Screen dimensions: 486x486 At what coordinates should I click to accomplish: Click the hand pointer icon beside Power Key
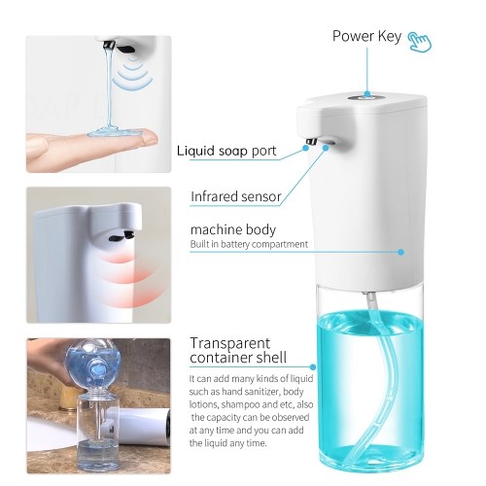click(420, 42)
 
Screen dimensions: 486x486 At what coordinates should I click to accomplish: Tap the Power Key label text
click(366, 36)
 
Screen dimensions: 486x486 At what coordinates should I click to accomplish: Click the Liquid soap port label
click(226, 151)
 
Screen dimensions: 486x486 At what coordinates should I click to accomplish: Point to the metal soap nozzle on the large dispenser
click(312, 141)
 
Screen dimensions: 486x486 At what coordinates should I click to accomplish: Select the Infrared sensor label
click(235, 196)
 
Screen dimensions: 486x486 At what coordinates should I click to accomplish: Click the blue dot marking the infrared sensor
click(326, 148)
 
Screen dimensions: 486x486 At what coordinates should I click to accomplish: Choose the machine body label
click(233, 229)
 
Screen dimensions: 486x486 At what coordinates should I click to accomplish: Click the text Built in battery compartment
click(249, 244)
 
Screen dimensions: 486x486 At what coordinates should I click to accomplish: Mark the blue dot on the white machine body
click(401, 252)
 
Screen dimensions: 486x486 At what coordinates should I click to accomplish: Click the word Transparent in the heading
click(229, 343)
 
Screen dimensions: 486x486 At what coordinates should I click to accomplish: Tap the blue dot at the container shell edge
click(313, 367)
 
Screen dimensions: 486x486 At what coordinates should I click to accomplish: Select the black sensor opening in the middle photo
click(121, 236)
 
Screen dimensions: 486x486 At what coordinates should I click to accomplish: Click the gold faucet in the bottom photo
click(69, 398)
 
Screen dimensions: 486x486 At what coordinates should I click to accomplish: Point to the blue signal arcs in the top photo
click(134, 74)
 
